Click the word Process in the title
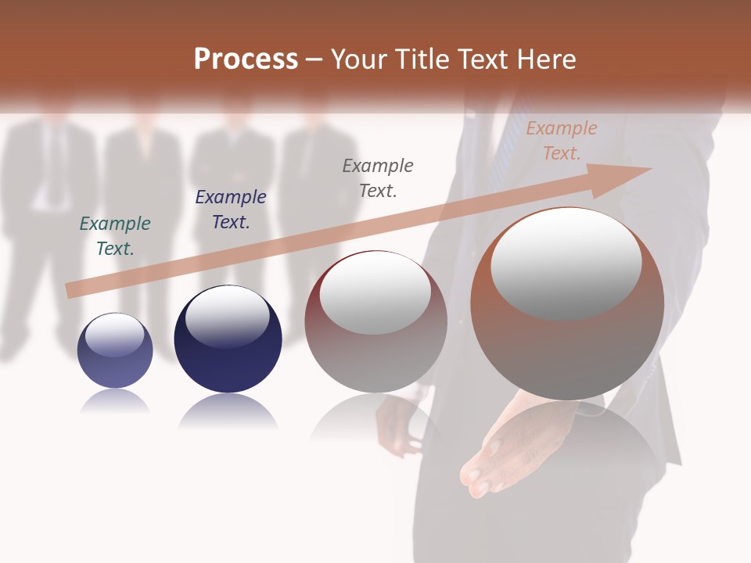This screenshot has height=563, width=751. [246, 59]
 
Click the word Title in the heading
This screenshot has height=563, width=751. [422, 59]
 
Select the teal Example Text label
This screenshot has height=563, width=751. [115, 236]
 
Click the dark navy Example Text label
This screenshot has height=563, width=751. [231, 210]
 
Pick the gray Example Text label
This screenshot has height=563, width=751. [378, 178]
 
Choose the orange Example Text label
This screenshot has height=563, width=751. [562, 141]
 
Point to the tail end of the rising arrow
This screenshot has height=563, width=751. [70, 291]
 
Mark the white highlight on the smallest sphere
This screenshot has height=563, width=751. [115, 335]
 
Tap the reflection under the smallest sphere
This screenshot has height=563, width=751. [115, 402]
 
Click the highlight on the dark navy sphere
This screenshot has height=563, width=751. [227, 316]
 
